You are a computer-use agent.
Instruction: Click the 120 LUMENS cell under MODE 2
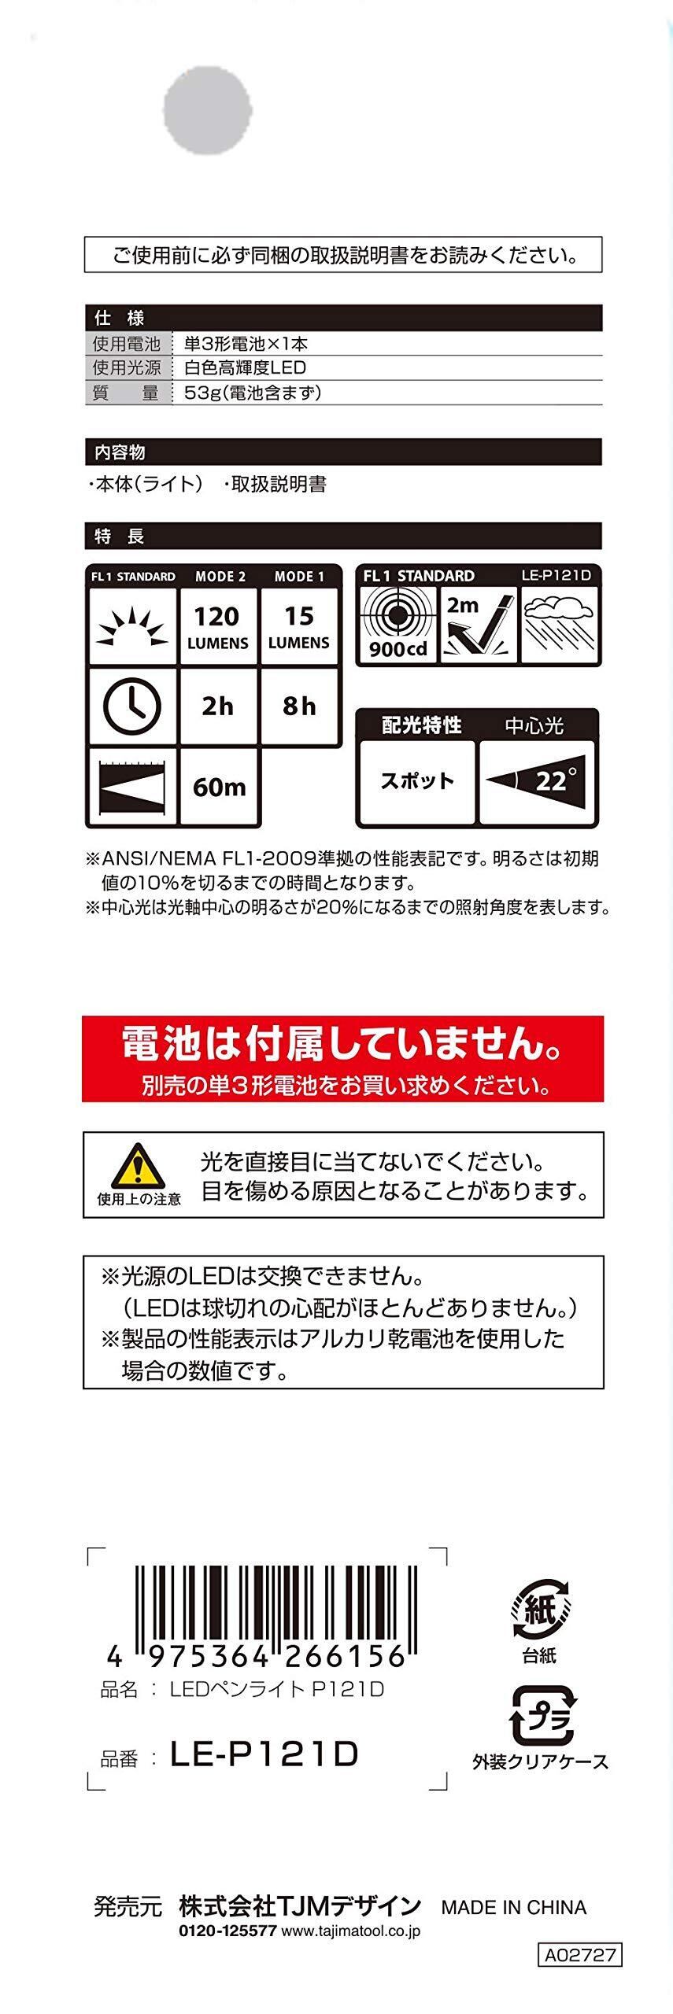pyautogui.click(x=218, y=627)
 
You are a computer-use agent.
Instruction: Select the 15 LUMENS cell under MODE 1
pyautogui.click(x=299, y=627)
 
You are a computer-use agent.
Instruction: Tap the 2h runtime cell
pyautogui.click(x=218, y=706)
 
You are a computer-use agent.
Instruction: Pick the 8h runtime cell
pyautogui.click(x=299, y=706)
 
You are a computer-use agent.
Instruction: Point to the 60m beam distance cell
pyautogui.click(x=219, y=786)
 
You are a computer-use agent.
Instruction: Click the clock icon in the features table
pyautogui.click(x=132, y=706)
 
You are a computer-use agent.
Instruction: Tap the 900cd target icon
pyautogui.click(x=398, y=625)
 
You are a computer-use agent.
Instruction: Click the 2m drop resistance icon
pyautogui.click(x=479, y=625)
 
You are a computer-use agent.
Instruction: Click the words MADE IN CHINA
pyautogui.click(x=513, y=1907)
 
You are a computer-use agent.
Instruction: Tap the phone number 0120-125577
pyautogui.click(x=227, y=1931)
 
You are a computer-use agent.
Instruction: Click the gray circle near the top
pyautogui.click(x=208, y=109)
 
